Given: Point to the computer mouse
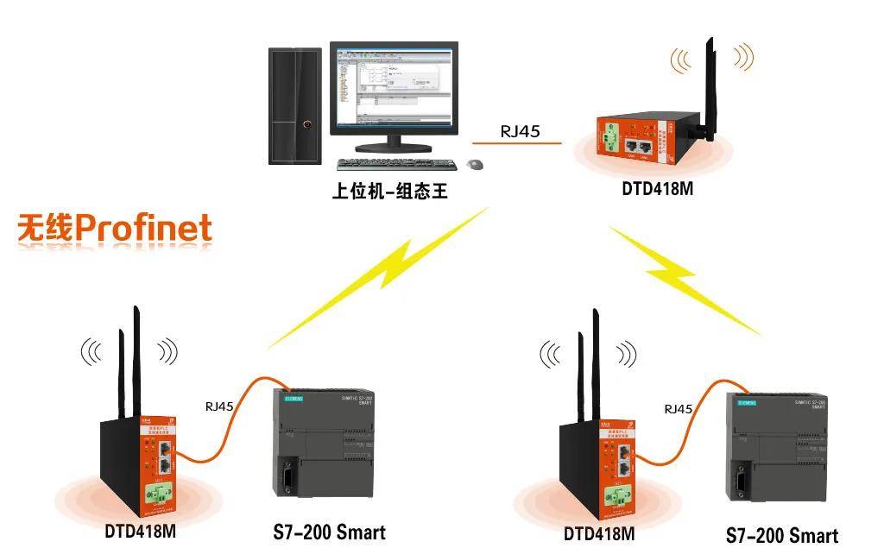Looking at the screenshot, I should (x=474, y=164).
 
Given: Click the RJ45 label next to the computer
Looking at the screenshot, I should (x=520, y=132).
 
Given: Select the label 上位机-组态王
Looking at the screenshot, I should (x=390, y=190).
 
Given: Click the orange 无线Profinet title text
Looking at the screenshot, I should (x=115, y=229).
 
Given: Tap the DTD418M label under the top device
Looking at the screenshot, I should (x=657, y=189).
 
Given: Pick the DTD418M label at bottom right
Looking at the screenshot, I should (x=598, y=534).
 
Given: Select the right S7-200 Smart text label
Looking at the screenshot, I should (x=781, y=535).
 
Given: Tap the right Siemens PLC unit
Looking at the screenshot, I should (x=782, y=448).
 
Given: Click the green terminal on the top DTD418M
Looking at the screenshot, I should (x=609, y=137).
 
